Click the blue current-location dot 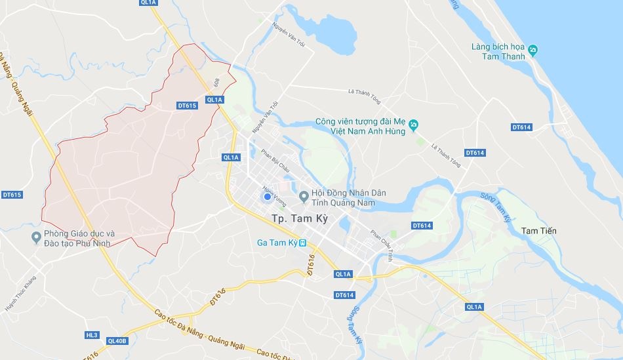click(x=267, y=197)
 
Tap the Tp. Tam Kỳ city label click(x=308, y=219)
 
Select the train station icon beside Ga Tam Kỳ click(x=302, y=243)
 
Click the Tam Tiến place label click(x=538, y=230)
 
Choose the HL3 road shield click(x=91, y=335)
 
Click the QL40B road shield click(x=117, y=341)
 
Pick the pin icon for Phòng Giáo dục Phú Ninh click(x=36, y=237)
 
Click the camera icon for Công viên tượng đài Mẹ click(x=414, y=123)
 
